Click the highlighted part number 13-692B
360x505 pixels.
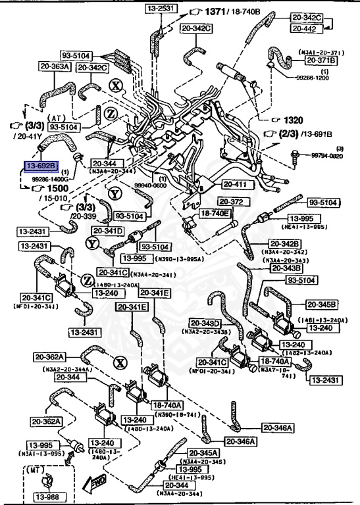(41, 166)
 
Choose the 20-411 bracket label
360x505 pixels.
(236, 184)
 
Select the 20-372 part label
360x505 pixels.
(232, 201)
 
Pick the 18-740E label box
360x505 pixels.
(215, 214)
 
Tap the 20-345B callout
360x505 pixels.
(321, 304)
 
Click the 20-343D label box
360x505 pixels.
(205, 323)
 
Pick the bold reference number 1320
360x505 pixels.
(296, 120)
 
